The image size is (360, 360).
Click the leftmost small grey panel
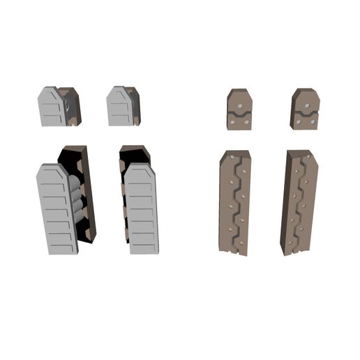50,107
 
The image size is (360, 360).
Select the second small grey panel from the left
119,107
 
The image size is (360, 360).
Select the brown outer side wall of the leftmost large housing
89,195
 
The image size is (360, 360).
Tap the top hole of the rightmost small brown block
306,103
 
